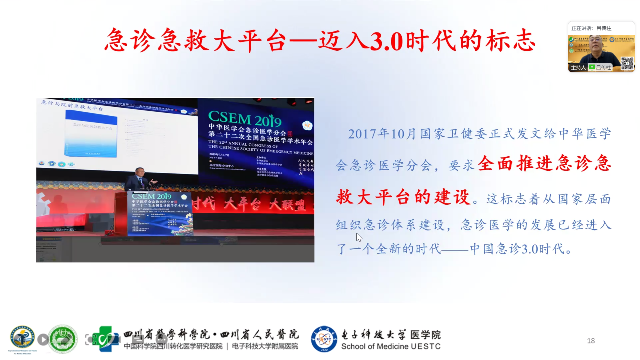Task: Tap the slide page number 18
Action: pyautogui.click(x=591, y=341)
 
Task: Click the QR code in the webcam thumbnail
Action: pyautogui.click(x=627, y=63)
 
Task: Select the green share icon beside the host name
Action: pyautogui.click(x=592, y=68)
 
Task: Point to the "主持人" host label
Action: pyautogui.click(x=578, y=68)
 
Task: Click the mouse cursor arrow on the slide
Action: pyautogui.click(x=359, y=237)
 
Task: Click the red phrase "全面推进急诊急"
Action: pyautogui.click(x=544, y=165)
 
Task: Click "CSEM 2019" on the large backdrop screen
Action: pyautogui.click(x=245, y=120)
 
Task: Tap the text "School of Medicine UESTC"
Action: pyautogui.click(x=391, y=346)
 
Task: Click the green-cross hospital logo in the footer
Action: pyautogui.click(x=106, y=339)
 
